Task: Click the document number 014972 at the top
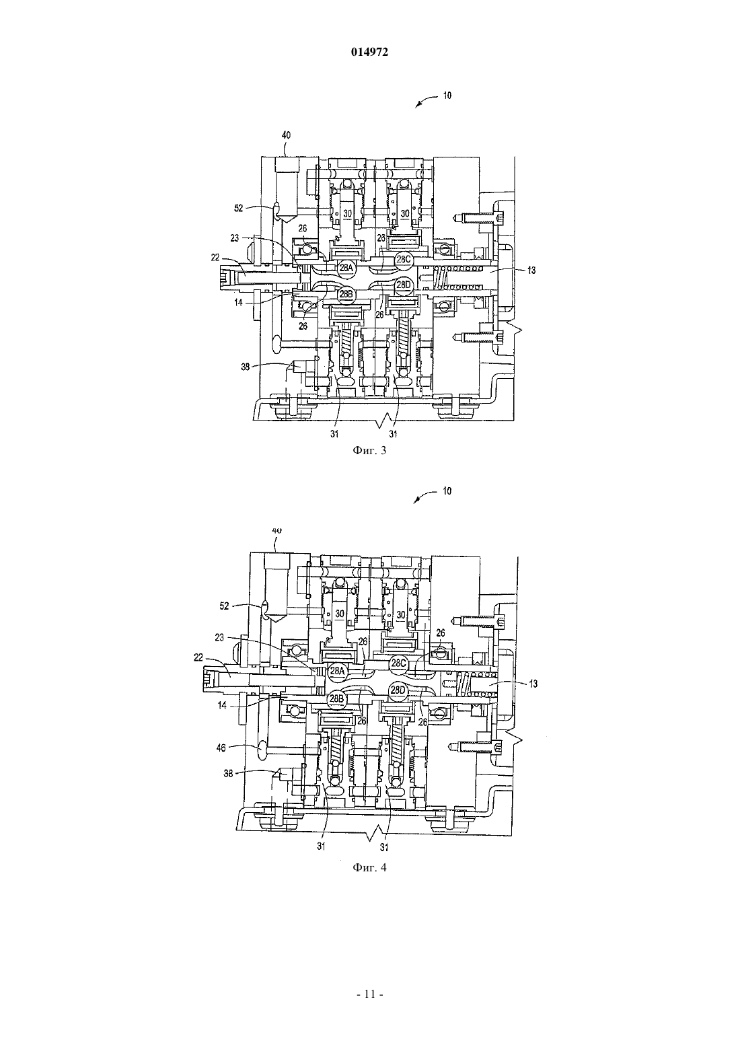click(x=369, y=52)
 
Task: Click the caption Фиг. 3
click(x=369, y=451)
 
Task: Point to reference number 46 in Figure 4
click(x=221, y=748)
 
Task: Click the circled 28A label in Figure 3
click(x=346, y=268)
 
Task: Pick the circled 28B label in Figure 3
click(x=346, y=295)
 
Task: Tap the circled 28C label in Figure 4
click(x=398, y=663)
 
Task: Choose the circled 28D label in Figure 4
click(x=398, y=690)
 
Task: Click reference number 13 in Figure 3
click(x=531, y=270)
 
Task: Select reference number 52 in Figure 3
click(x=239, y=209)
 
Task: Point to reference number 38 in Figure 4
click(x=228, y=774)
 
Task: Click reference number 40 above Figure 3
click(x=286, y=135)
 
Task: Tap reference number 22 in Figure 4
click(x=198, y=657)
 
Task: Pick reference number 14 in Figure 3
click(x=238, y=302)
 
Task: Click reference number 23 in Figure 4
click(x=219, y=637)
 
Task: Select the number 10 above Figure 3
click(x=447, y=96)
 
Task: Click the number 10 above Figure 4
click(x=447, y=491)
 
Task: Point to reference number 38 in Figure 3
click(x=246, y=367)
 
